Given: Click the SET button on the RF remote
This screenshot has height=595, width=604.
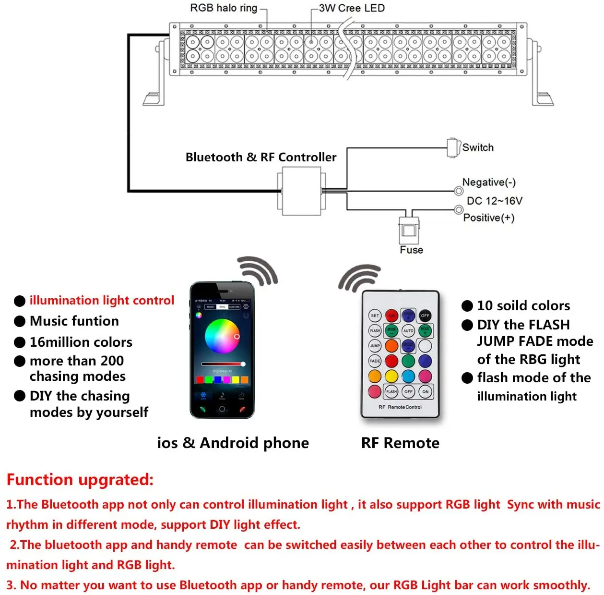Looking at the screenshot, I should tap(375, 316).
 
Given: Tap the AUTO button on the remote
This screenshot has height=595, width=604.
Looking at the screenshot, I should tap(408, 331).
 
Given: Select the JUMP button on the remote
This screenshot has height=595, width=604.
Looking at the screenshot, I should tap(375, 346).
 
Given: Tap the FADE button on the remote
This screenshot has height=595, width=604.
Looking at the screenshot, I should tap(375, 361).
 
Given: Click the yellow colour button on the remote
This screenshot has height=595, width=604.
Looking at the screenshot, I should tap(391, 376).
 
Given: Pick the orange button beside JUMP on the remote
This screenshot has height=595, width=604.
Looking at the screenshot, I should tap(391, 346).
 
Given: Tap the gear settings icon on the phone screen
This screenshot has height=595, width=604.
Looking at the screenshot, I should tap(246, 306).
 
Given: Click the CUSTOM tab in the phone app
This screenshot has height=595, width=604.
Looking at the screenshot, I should tap(234, 306).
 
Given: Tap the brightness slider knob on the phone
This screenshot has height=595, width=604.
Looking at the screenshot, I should tap(243, 364).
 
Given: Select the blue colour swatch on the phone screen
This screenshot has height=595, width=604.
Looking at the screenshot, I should tap(217, 380).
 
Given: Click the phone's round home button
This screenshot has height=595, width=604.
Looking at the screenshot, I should tap(222, 409).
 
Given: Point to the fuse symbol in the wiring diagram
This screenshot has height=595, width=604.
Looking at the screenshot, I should tap(409, 231).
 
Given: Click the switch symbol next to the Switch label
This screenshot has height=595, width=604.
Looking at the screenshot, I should tap(452, 147).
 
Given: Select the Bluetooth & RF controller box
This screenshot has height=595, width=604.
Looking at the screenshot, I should tap(301, 191).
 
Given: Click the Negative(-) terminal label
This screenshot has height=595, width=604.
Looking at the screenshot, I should tap(489, 182).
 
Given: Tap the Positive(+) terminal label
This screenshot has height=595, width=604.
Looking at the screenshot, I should tap(489, 218).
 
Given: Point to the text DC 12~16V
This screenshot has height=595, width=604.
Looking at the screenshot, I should tap(495, 201).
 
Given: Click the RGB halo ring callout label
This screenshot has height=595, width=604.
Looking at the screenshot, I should tap(224, 8).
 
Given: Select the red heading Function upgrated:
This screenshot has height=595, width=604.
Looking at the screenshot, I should tap(80, 480).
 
